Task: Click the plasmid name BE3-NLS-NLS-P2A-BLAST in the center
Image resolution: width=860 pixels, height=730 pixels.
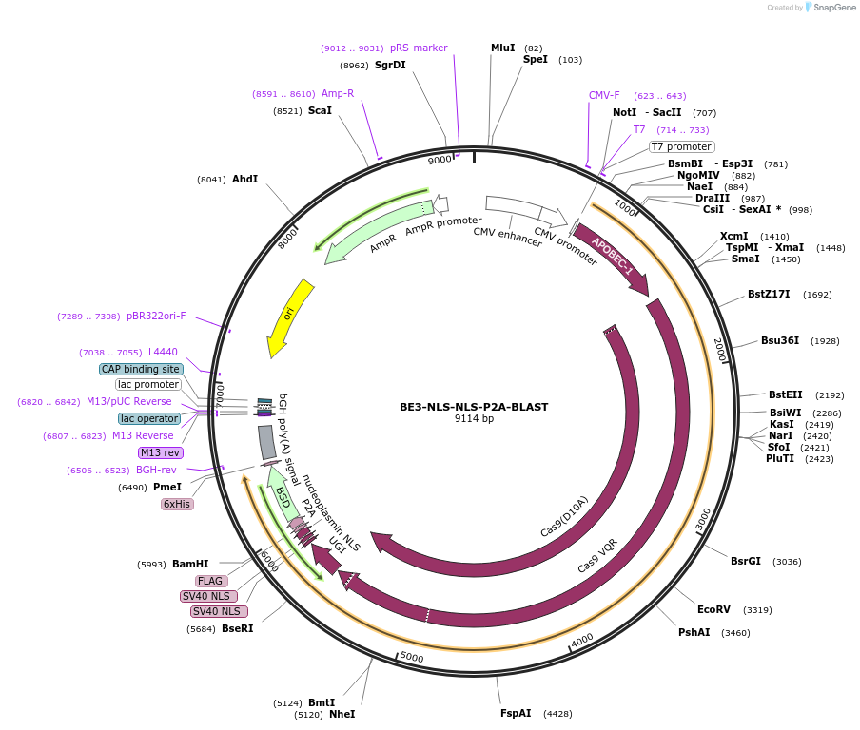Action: (x=473, y=406)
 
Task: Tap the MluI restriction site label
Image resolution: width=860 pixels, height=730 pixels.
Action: (x=502, y=48)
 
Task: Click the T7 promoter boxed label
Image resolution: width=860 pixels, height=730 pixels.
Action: (x=681, y=146)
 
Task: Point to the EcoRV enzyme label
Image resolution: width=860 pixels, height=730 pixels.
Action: (x=713, y=609)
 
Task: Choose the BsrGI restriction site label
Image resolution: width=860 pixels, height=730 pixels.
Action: (x=745, y=561)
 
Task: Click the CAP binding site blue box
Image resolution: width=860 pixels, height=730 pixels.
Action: (x=141, y=369)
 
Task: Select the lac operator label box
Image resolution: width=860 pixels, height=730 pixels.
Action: (x=148, y=418)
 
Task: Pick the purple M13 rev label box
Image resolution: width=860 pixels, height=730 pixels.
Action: (x=161, y=452)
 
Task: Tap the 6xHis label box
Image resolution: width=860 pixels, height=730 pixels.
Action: (x=177, y=504)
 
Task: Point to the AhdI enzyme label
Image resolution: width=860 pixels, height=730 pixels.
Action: (x=244, y=179)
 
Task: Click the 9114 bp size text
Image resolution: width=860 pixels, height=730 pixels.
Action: (x=473, y=418)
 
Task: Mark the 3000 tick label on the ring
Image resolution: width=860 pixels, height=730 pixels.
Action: (x=702, y=519)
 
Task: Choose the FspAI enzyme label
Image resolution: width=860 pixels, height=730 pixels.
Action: (x=516, y=713)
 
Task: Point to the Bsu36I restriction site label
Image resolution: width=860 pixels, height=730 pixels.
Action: (x=779, y=340)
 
